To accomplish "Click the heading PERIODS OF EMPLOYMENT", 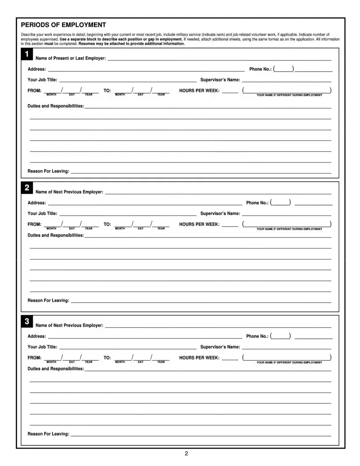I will coord(64,25).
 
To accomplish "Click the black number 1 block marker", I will coord(27,55).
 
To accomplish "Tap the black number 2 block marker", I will coord(27,188).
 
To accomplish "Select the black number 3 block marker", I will coord(27,322).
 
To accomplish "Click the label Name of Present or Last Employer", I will coord(71,59).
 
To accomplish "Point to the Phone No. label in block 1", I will coord(260,69).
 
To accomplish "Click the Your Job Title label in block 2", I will coord(42,214).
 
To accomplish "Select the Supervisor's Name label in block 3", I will coord(220,347).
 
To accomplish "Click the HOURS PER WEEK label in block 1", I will coord(199,90).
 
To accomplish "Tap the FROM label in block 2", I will coord(34,224).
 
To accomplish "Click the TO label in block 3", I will coord(107,358).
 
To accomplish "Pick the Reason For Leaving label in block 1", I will coord(49,171).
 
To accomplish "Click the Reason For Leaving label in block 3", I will coord(49,434).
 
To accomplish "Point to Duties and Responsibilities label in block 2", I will coord(56,235).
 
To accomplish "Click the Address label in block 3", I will coord(37,336).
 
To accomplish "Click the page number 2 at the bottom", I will coord(187,454).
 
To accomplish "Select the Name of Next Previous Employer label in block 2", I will coord(69,192).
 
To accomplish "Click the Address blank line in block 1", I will coord(146,71).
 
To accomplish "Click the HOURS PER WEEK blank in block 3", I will coord(230,359).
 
